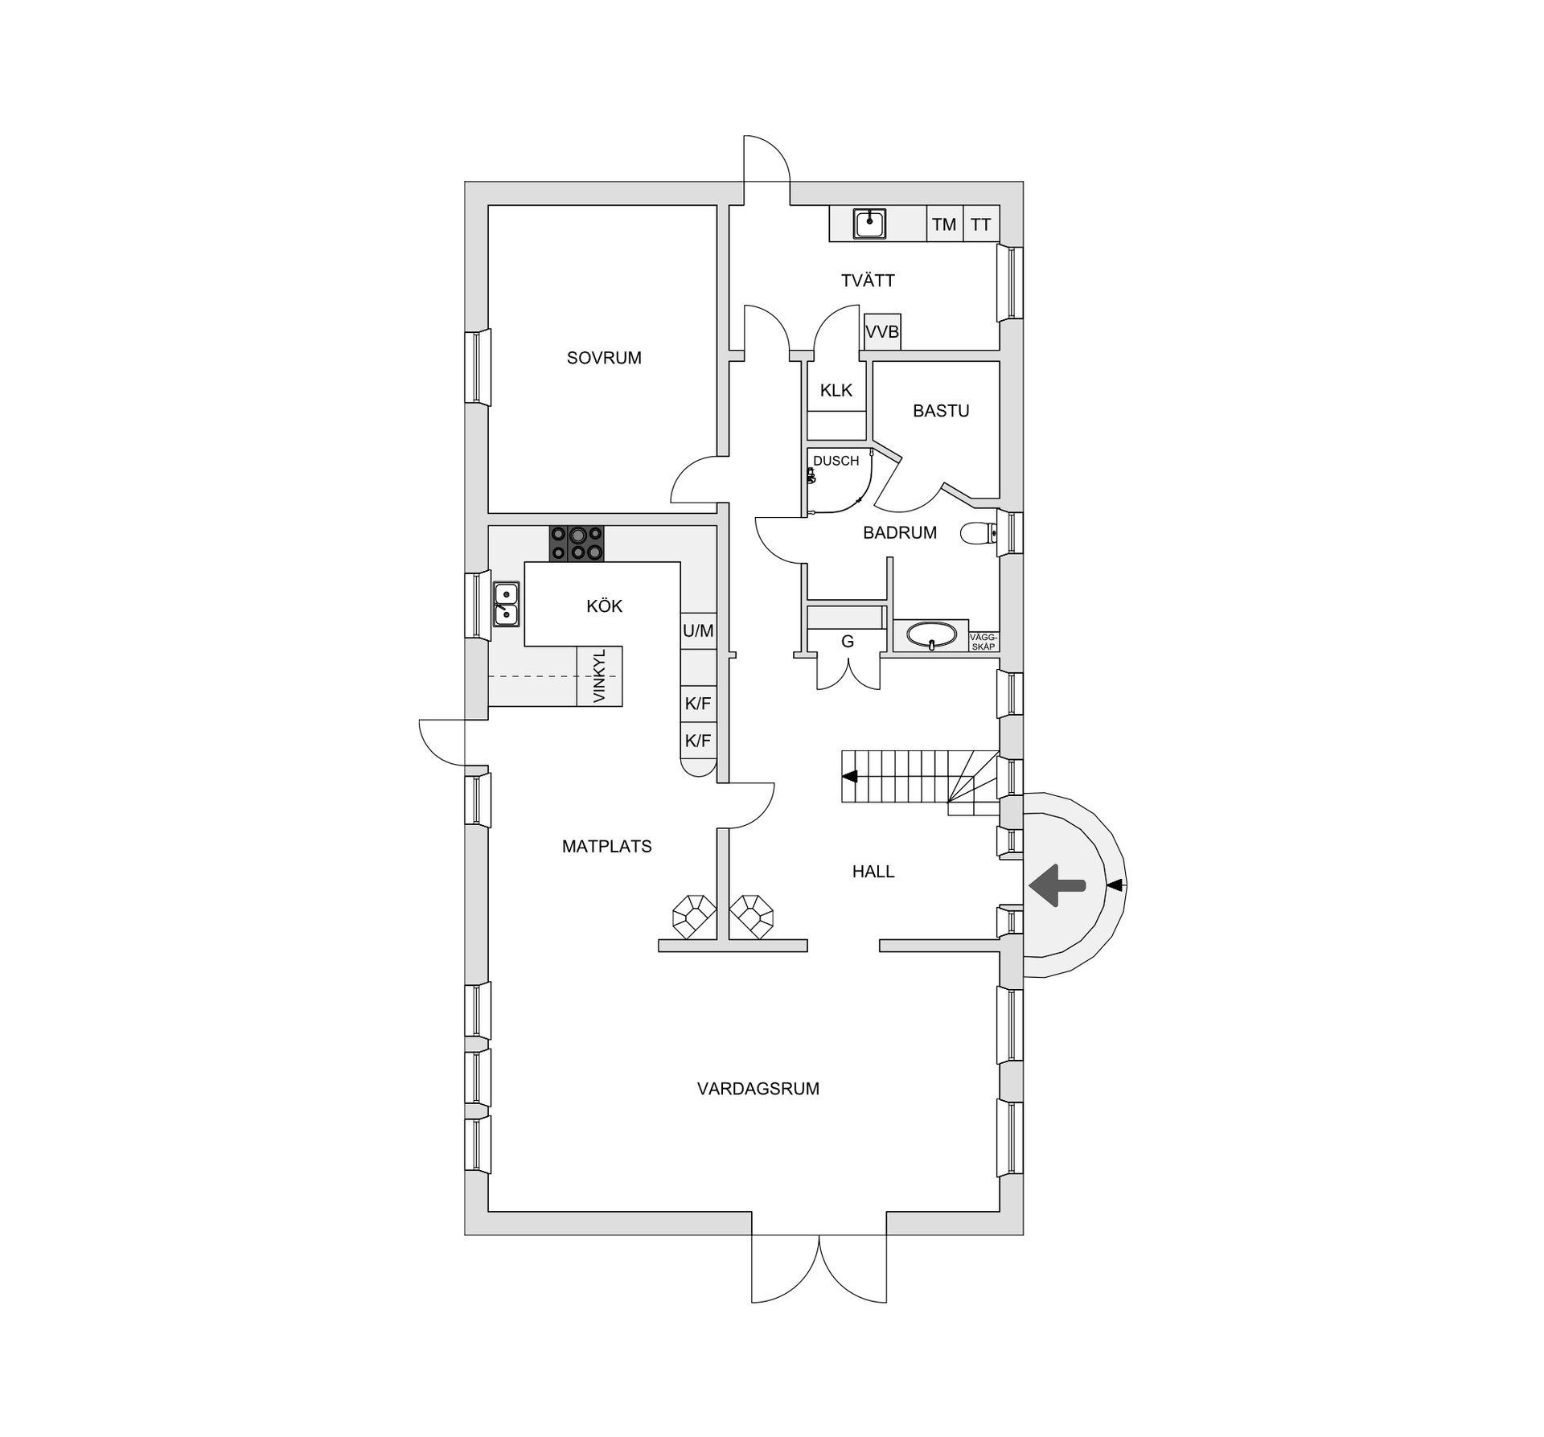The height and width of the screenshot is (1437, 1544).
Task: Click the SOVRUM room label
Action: click(604, 358)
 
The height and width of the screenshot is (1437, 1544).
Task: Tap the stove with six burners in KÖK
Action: click(577, 544)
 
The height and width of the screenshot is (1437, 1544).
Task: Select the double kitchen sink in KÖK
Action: click(506, 604)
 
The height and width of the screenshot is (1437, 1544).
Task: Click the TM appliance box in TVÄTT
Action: click(944, 224)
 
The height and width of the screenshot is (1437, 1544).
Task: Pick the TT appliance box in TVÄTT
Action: click(980, 224)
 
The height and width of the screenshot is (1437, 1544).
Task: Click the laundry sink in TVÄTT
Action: click(869, 223)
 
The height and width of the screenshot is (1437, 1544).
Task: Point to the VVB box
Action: click(882, 331)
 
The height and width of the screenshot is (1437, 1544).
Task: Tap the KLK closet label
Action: click(836, 391)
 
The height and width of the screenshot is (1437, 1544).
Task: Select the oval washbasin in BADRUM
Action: click(931, 635)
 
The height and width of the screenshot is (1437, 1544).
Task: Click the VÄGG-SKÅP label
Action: click(983, 642)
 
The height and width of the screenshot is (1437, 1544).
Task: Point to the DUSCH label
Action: click(836, 461)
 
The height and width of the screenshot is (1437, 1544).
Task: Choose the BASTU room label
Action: click(940, 411)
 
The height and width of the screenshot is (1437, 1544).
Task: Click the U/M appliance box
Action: click(698, 631)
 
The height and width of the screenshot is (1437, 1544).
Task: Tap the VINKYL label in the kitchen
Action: click(599, 676)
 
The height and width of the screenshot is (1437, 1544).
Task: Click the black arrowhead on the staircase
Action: click(850, 777)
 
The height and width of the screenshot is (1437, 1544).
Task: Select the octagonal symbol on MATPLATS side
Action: click(693, 916)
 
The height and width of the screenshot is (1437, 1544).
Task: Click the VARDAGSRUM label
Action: click(758, 1089)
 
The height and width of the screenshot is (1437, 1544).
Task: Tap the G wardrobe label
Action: click(847, 642)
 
